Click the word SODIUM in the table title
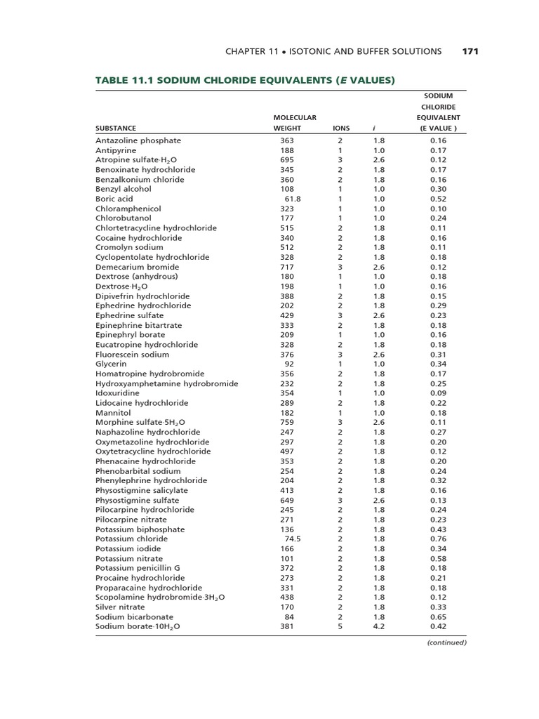point(180,81)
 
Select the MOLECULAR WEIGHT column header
point(294,123)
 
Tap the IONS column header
point(341,128)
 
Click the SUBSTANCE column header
point(116,128)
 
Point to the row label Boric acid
point(114,199)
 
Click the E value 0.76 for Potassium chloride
point(438,539)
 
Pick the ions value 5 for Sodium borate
point(340,626)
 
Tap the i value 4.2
point(379,626)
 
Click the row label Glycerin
point(111,364)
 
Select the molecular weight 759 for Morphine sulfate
point(287,423)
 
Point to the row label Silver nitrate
point(120,607)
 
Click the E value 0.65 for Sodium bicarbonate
point(438,616)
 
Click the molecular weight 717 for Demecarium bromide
point(287,267)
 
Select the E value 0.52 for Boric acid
point(438,199)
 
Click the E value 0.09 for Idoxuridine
point(438,393)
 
